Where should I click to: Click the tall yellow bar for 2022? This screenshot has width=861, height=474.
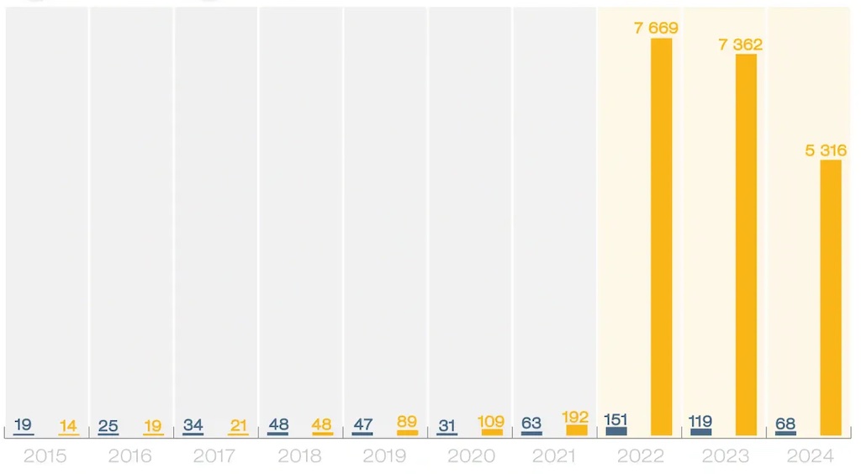point(662,235)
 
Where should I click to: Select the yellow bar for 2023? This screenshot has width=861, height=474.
point(746,244)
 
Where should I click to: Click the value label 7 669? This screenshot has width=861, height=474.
point(656,29)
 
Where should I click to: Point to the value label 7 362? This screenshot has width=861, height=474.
point(740,45)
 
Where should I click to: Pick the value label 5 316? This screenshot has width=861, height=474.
point(825,150)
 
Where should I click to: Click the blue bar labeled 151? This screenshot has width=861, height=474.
point(616,431)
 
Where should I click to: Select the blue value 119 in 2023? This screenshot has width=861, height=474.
point(700,420)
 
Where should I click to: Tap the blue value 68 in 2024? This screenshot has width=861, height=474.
point(785,424)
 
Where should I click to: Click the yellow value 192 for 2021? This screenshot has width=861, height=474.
point(576,417)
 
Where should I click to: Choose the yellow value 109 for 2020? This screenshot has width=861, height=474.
point(491,421)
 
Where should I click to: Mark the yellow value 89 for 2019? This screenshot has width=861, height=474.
point(407,422)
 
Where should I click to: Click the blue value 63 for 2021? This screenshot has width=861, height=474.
point(531,424)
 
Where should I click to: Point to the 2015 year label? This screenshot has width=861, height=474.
point(45,456)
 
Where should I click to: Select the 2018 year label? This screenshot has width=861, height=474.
point(298,456)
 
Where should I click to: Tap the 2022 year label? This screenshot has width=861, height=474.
point(640,456)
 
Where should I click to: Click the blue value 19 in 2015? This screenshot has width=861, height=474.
point(24,424)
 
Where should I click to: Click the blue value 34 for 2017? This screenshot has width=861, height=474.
point(193,424)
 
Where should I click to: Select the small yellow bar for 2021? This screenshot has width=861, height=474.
point(577,430)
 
